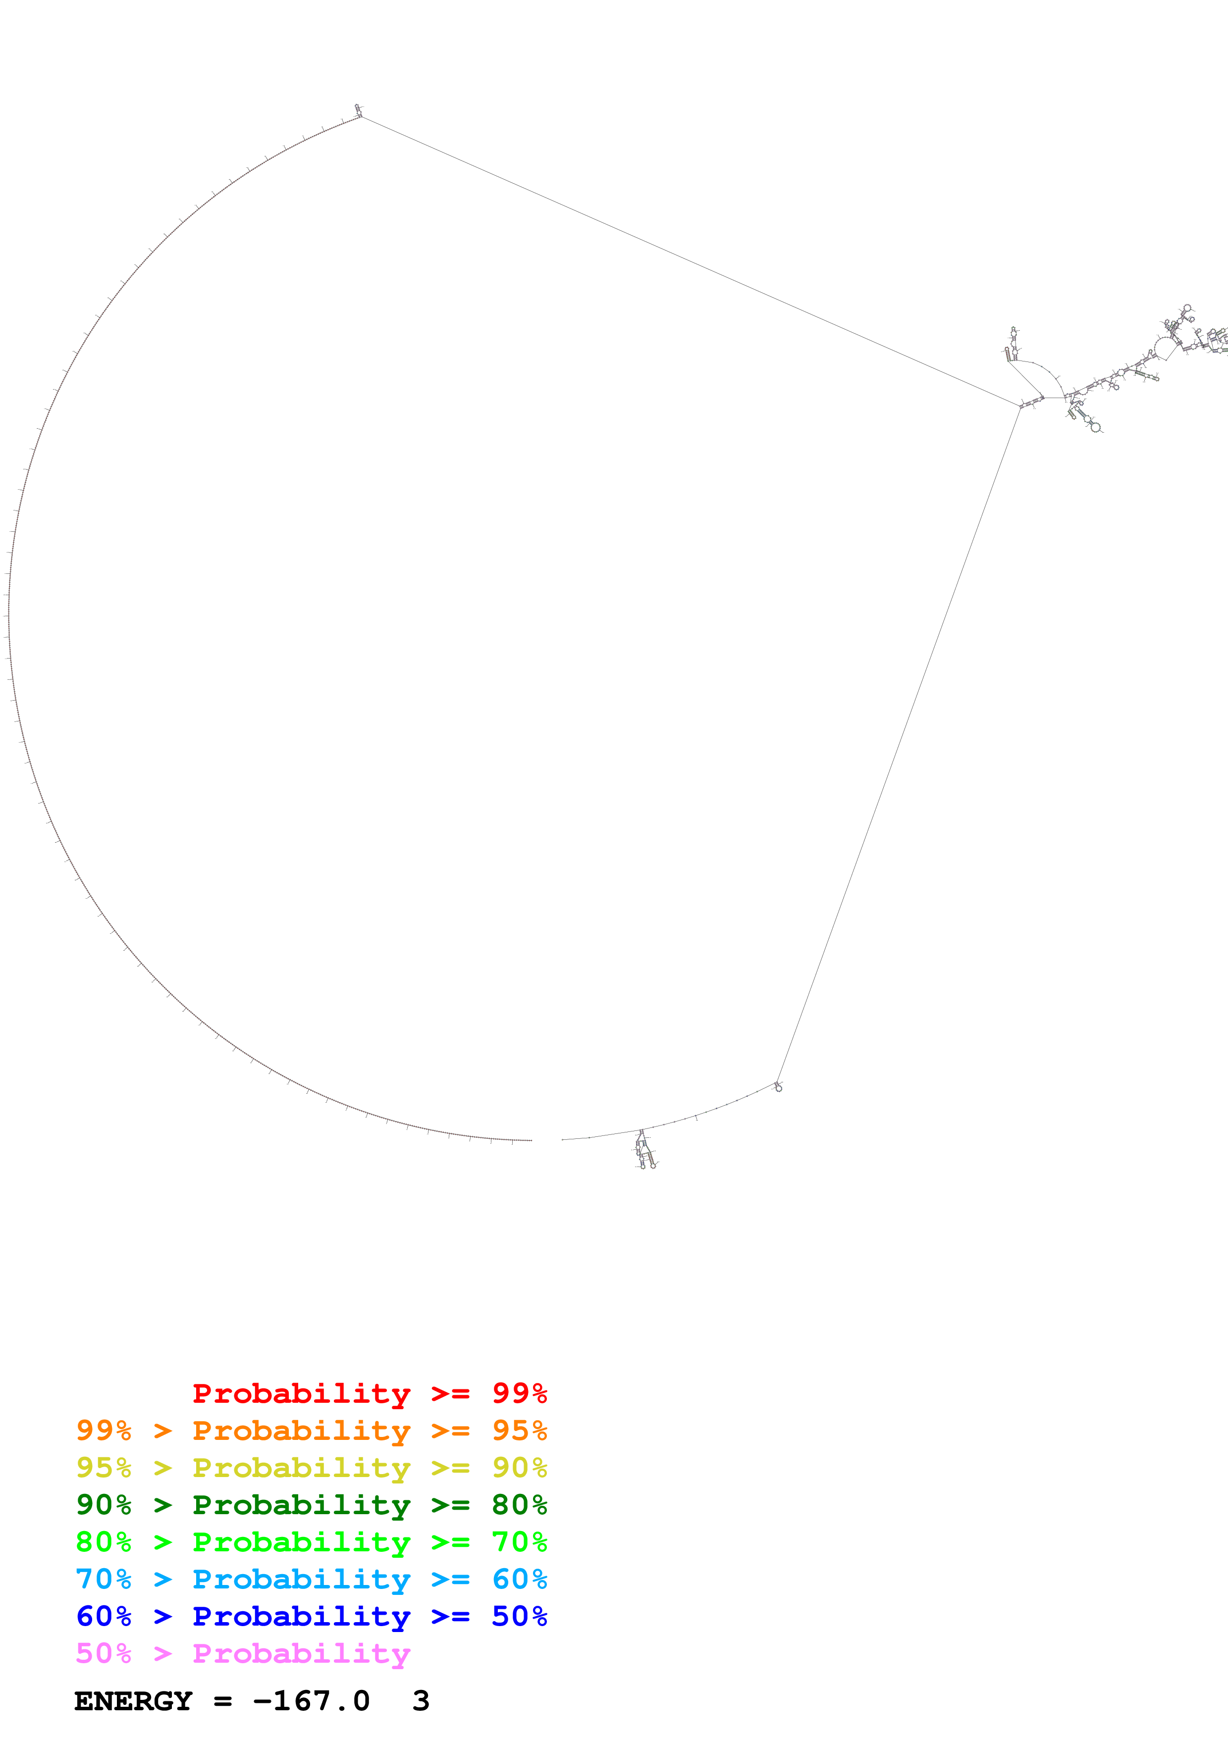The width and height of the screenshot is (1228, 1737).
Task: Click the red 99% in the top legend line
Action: coord(519,1393)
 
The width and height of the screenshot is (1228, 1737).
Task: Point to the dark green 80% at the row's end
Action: coord(519,1505)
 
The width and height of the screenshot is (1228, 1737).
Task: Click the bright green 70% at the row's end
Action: coord(519,1542)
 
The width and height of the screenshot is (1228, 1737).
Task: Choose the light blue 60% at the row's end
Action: coord(519,1579)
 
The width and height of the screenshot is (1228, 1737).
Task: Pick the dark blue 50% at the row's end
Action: coord(519,1616)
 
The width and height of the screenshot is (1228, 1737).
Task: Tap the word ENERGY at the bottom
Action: coord(133,1701)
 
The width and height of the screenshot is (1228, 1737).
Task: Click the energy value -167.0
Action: coord(312,1701)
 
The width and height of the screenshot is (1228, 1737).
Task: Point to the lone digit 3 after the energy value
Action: coord(421,1701)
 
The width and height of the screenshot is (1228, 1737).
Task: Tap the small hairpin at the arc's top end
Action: coord(358,110)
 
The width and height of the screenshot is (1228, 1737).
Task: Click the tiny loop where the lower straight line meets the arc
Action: coord(778,1087)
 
